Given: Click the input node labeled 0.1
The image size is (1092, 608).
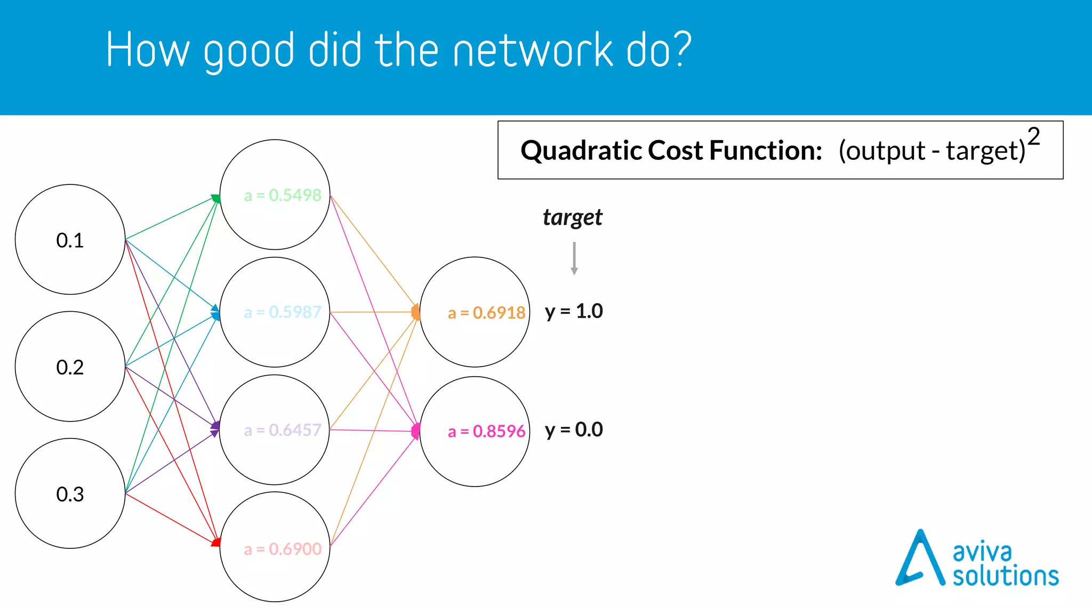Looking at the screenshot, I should [x=70, y=240].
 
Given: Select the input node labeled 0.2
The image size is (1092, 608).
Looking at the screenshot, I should [x=70, y=367].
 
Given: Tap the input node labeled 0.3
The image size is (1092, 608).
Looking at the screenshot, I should [x=70, y=493].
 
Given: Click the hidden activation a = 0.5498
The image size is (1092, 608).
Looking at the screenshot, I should [x=283, y=195].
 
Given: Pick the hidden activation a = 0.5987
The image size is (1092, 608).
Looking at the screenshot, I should [x=283, y=312].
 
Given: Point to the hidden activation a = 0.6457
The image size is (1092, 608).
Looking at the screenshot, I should [x=283, y=429].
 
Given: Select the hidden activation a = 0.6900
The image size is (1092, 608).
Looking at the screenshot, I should [x=283, y=548].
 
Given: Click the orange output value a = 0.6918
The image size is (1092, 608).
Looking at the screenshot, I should [x=486, y=312].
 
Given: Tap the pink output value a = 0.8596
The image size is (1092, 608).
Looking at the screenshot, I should [x=486, y=431].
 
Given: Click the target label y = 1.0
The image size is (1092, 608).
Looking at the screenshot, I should [x=574, y=311].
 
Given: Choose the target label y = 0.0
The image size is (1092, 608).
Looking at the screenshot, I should [x=574, y=429].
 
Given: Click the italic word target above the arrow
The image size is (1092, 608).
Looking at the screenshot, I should [x=573, y=217].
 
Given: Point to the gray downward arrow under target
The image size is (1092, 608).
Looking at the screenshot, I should [x=574, y=258].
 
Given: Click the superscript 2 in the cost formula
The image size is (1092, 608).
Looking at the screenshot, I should [x=1033, y=136].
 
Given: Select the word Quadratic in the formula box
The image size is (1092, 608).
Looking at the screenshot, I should [x=581, y=150].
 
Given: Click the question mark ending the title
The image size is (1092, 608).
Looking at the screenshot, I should [x=681, y=49].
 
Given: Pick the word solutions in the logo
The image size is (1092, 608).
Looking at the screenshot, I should [x=1005, y=576].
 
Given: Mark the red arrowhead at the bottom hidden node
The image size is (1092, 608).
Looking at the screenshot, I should [x=216, y=542].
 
